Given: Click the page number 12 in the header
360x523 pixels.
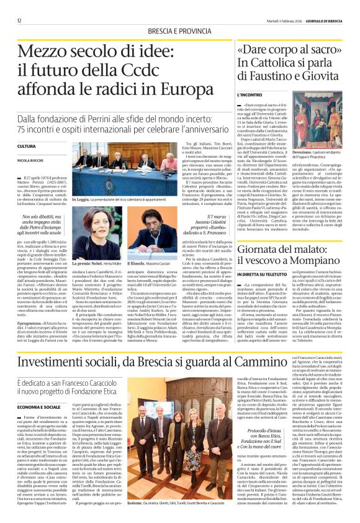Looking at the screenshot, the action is [x=20, y=5].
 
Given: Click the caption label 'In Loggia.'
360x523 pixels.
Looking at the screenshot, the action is [x=81, y=199].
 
